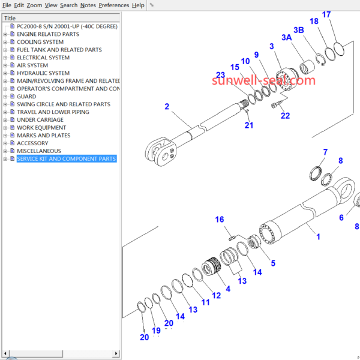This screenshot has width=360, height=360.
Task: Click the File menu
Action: (x=7, y=5)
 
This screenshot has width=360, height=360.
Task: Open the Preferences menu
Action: (x=113, y=5)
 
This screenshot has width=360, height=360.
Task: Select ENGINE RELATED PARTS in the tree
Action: (x=47, y=34)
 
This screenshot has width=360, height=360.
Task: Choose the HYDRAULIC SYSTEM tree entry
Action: (x=43, y=73)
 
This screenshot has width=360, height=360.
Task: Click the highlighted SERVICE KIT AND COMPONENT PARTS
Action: (x=66, y=159)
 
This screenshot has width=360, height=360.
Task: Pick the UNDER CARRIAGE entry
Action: (x=40, y=120)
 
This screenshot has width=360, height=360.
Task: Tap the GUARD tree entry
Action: (x=26, y=97)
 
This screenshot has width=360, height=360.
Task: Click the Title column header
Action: (x=10, y=18)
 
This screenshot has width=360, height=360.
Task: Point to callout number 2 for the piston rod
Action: (x=167, y=107)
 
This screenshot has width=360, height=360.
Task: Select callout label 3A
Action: (x=287, y=37)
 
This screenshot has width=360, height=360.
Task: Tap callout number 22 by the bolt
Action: (x=285, y=116)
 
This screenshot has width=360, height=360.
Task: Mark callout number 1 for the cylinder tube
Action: (x=319, y=236)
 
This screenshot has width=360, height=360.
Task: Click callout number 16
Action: (x=220, y=220)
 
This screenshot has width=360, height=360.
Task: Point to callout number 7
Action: (x=325, y=152)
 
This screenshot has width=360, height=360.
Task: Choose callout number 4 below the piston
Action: (x=227, y=289)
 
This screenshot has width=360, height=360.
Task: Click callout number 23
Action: (x=220, y=75)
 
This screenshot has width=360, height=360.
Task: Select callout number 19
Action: (x=156, y=331)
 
